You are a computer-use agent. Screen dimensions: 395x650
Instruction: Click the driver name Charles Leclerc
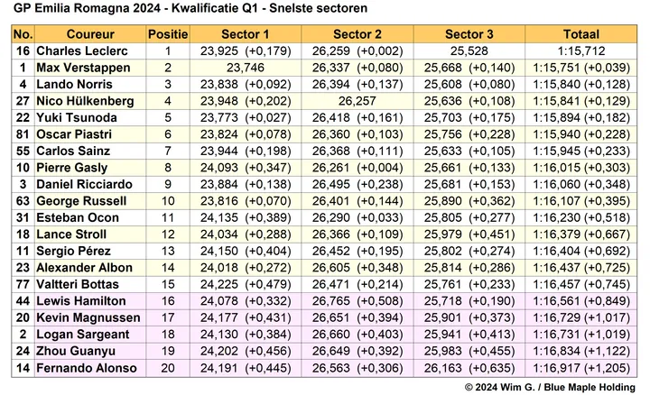coord(82,51)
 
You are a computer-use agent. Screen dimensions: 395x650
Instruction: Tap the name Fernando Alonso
coord(87,368)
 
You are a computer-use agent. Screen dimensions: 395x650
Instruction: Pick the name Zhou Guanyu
coord(76,352)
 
